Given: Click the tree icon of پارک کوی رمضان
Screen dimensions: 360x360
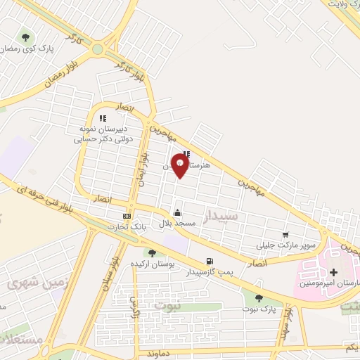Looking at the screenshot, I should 26,37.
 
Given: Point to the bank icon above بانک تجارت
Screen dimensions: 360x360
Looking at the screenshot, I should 127,216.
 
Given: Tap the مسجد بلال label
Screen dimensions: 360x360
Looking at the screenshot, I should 176,224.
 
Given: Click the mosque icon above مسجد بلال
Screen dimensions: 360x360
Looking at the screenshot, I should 176,213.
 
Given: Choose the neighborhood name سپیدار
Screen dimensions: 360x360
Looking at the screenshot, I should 219,217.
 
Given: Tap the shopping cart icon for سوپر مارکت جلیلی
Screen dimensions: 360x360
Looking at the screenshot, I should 285,235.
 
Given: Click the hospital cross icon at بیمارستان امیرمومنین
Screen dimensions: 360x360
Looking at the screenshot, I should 333,272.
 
